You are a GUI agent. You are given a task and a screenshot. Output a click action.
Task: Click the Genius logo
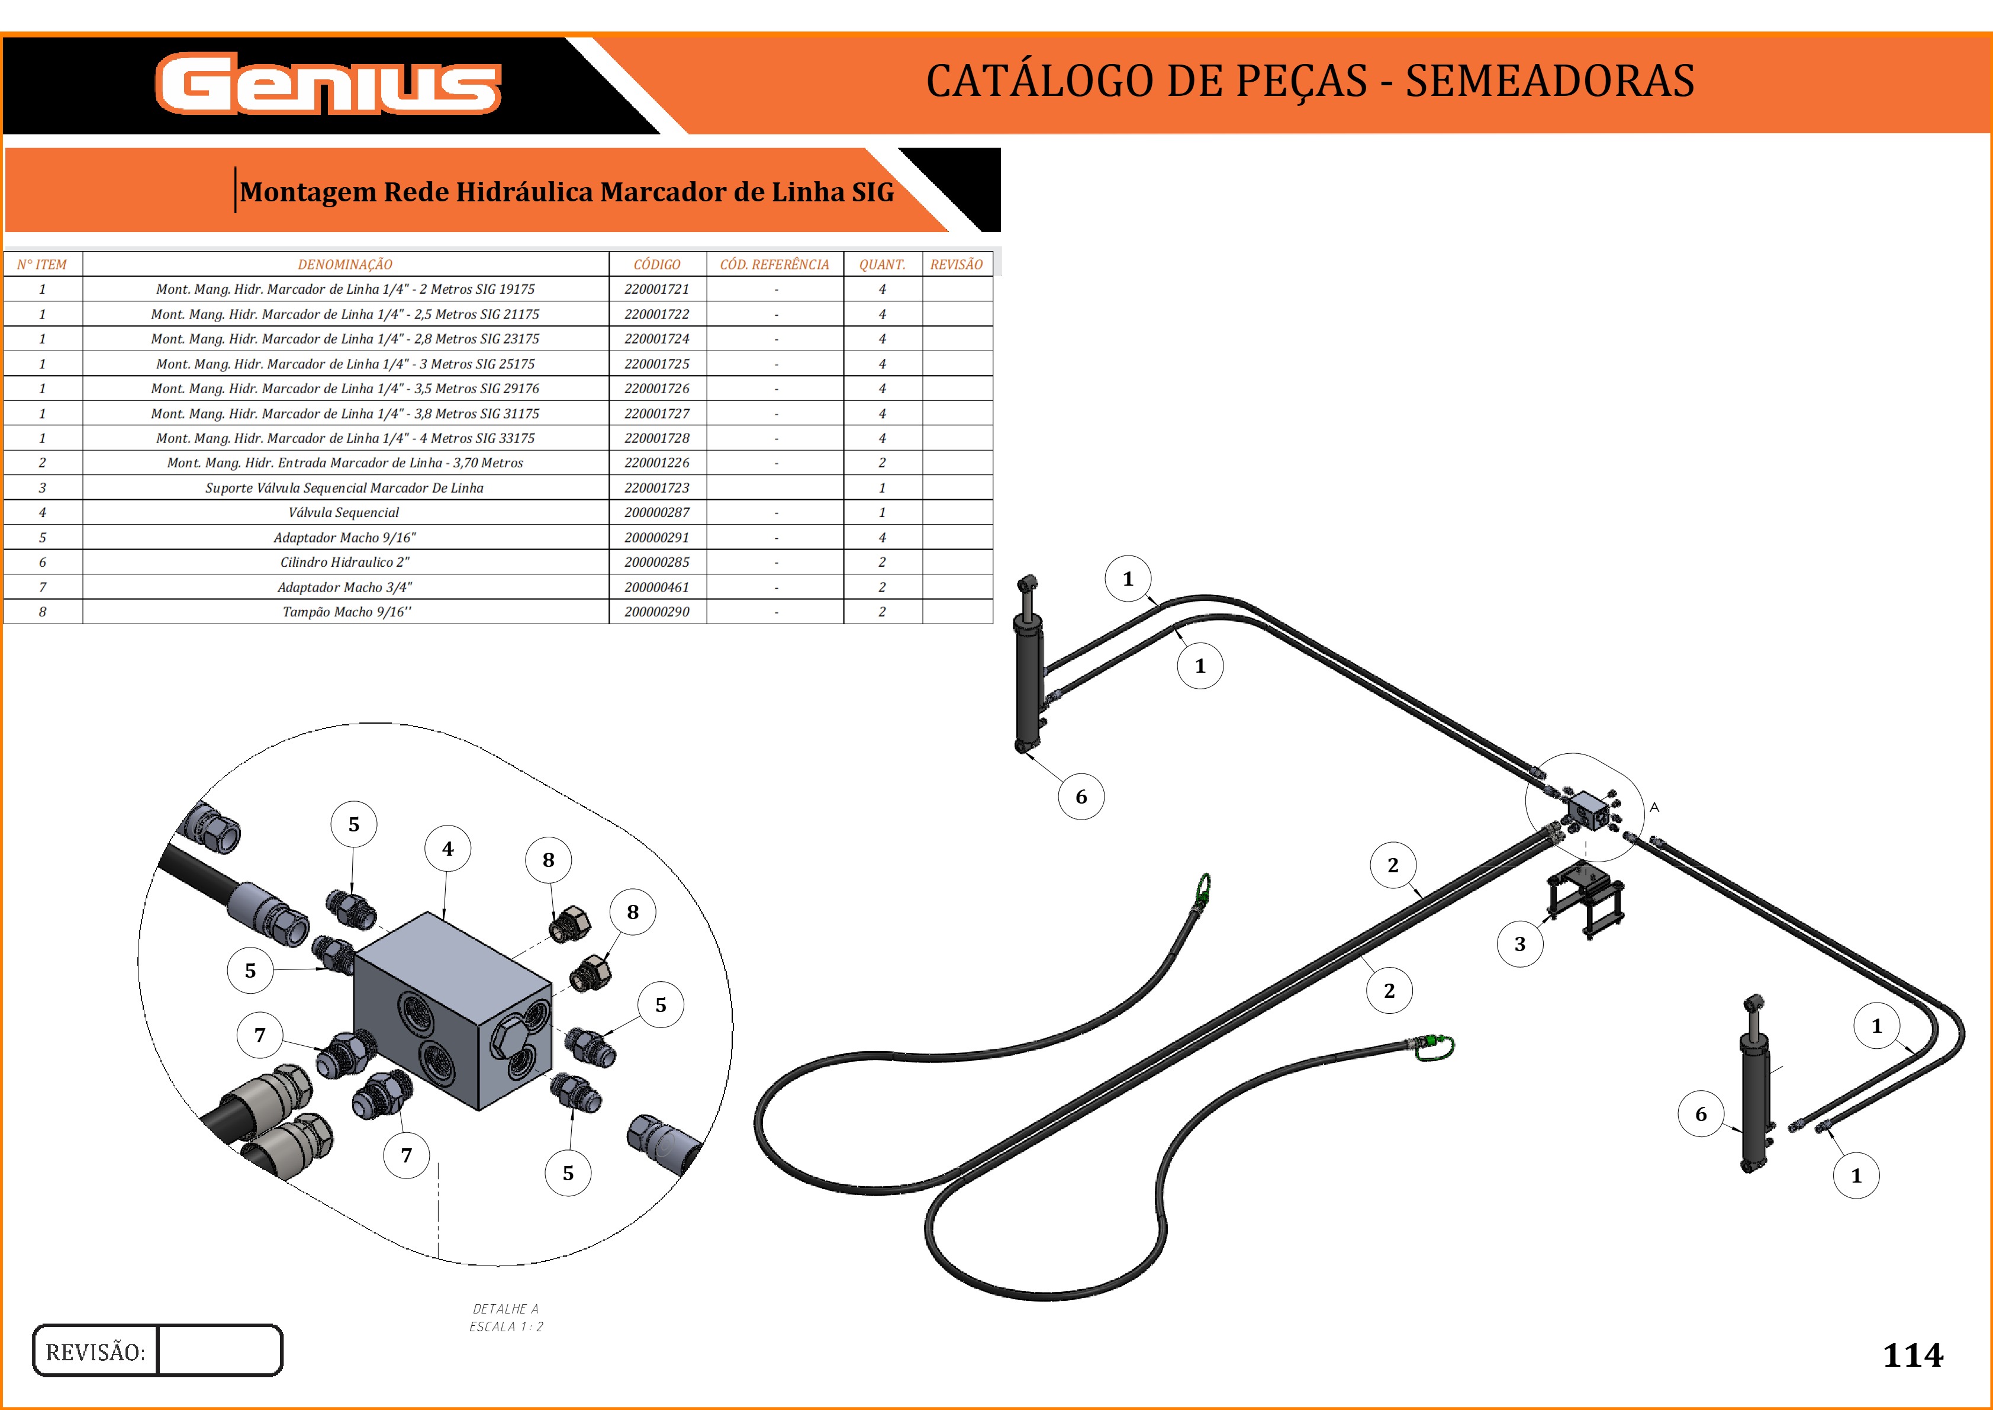click(x=328, y=84)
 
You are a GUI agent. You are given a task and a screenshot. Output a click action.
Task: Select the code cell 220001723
click(x=657, y=488)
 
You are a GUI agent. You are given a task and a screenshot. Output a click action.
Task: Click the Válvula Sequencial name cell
click(x=344, y=512)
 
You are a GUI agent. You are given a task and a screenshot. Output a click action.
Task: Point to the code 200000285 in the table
click(x=657, y=562)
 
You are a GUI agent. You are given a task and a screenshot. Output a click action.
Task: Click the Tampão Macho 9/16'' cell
click(x=346, y=611)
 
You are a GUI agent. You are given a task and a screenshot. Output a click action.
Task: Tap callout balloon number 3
click(x=1520, y=945)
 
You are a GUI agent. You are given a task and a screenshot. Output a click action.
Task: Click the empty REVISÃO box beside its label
click(x=220, y=1350)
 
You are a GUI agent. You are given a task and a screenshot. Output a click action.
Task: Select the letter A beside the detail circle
click(x=1654, y=808)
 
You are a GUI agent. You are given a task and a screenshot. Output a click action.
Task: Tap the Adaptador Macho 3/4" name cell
click(x=344, y=587)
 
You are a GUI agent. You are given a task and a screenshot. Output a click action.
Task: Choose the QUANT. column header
click(x=882, y=264)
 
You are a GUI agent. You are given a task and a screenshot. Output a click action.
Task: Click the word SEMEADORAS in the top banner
click(x=1550, y=81)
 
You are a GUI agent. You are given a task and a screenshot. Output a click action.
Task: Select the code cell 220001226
click(x=657, y=462)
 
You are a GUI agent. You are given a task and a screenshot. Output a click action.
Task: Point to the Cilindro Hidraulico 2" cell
click(x=344, y=562)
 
